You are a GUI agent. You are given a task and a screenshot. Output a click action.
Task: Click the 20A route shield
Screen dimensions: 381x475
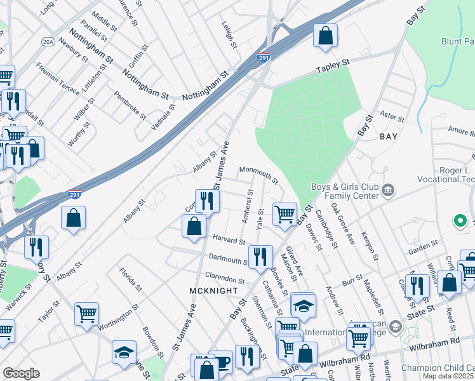point(48,41)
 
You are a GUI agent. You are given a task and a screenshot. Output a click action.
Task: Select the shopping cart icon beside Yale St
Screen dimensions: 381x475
point(284,213)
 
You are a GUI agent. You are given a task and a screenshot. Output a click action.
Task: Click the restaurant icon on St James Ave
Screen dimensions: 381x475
point(207,201)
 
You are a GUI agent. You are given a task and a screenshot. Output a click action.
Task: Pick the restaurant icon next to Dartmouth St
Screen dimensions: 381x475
point(260,256)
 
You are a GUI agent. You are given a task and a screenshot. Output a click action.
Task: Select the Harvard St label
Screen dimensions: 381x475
point(229,241)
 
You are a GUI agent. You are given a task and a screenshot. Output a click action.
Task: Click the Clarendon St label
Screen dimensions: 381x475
point(224,278)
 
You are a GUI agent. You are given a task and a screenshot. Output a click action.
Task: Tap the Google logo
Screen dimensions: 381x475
point(21,373)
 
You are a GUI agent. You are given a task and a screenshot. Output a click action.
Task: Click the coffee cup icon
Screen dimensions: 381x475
point(221,362)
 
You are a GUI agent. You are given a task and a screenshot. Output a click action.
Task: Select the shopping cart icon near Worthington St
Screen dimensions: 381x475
point(86,313)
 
